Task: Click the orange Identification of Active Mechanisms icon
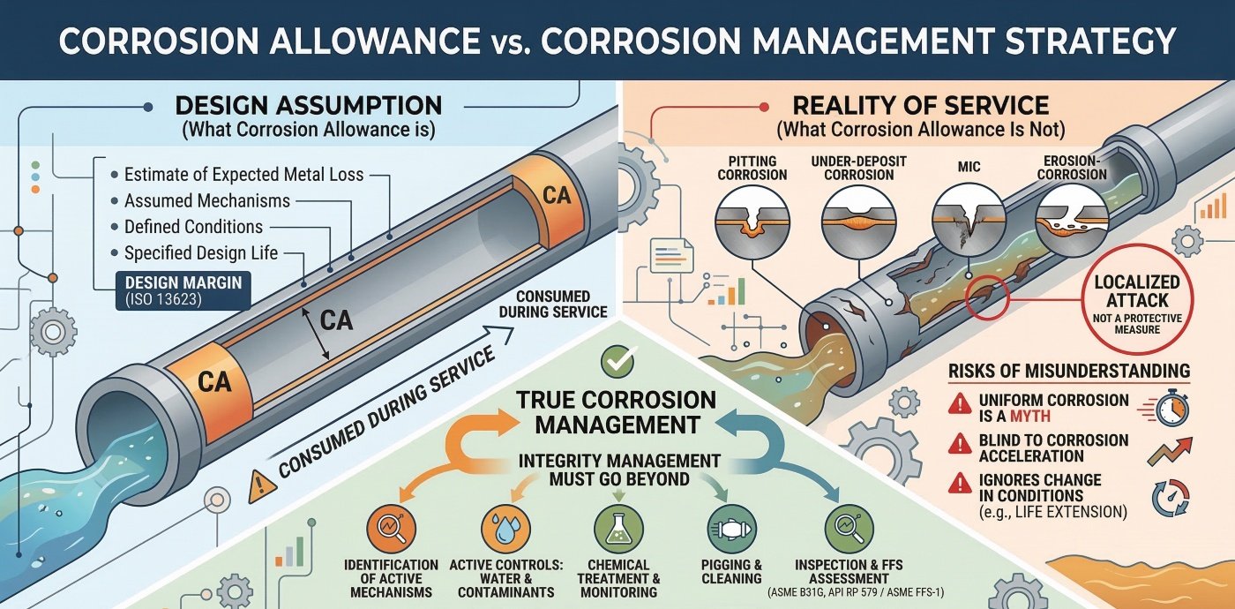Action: pos(392,528)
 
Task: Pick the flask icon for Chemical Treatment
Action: pos(618,528)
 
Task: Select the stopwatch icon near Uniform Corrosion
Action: pos(1167,408)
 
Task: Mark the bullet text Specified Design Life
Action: pos(200,253)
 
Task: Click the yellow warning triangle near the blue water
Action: pos(258,484)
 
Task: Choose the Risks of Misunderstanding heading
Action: pos(1068,371)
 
